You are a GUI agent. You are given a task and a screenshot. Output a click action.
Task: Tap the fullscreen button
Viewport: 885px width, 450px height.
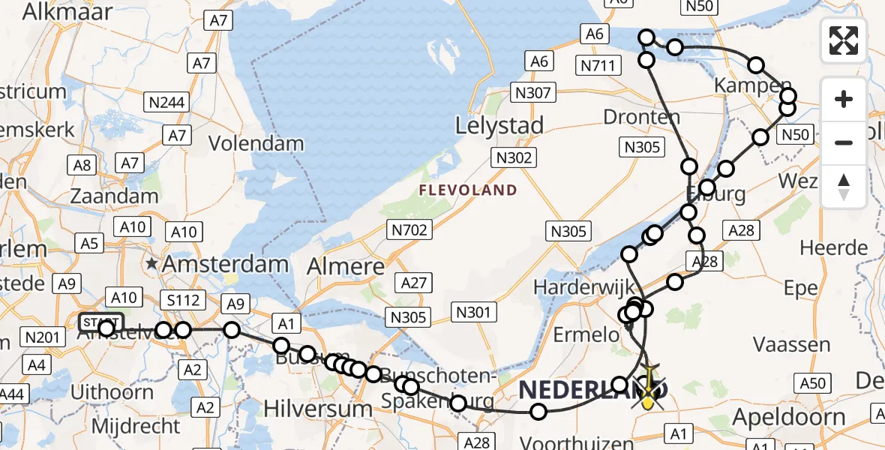(x=844, y=40)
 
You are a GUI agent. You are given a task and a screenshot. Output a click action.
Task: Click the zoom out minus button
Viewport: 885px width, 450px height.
(x=844, y=142)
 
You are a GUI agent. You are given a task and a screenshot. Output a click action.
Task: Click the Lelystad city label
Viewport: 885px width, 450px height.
(x=499, y=126)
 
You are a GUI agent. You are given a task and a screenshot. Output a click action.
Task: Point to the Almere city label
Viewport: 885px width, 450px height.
(x=346, y=266)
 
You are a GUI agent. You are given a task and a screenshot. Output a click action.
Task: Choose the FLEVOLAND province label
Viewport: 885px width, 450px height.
(x=467, y=190)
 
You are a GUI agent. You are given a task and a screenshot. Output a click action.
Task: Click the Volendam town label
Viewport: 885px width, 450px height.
(x=256, y=143)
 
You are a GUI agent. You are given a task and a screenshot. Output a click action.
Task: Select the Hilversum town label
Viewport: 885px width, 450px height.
(x=318, y=409)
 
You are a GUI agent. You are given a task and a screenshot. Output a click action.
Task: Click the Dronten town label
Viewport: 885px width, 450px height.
(x=641, y=118)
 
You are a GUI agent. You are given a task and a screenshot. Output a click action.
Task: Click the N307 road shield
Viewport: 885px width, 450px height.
(x=532, y=94)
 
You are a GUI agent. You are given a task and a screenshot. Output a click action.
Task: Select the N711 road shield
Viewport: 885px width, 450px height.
(x=598, y=66)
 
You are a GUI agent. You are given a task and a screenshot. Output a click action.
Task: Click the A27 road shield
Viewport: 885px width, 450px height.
(x=413, y=283)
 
